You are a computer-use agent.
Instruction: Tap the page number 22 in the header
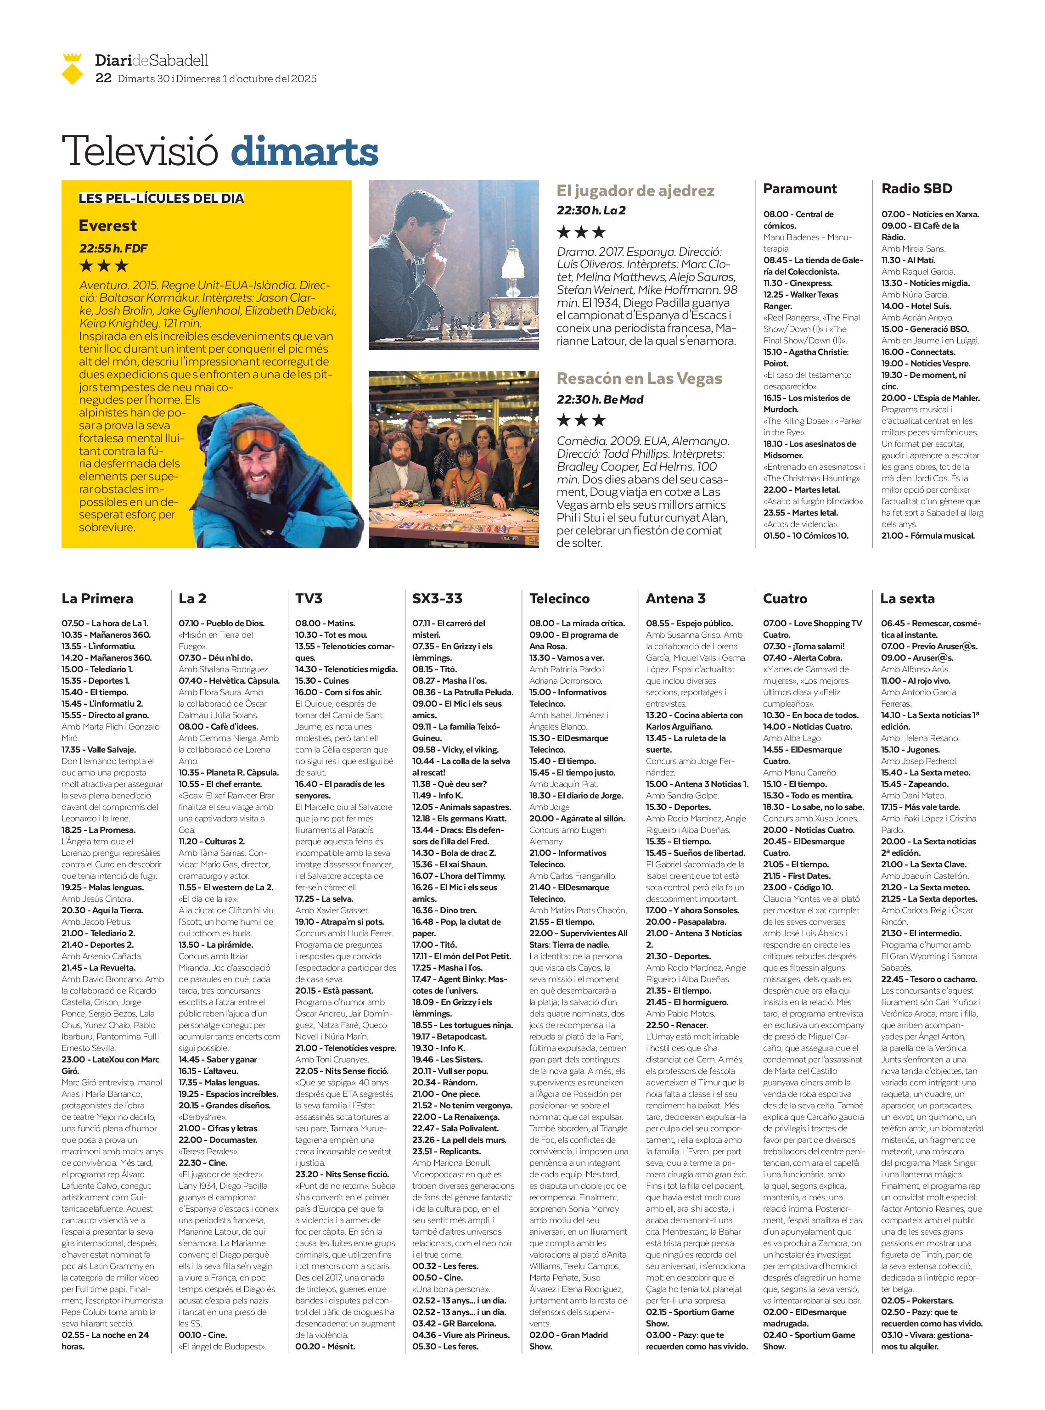(103, 79)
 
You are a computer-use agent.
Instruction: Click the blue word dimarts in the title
(304, 152)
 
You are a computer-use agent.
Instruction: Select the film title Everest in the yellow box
(107, 226)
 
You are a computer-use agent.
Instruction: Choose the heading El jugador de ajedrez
(635, 191)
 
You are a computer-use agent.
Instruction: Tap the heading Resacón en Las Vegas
(639, 378)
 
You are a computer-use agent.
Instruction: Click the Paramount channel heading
(799, 189)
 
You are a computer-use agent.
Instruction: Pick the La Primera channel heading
(97, 598)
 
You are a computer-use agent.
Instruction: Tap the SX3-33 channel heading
(437, 598)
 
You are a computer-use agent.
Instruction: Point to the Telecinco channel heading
(559, 598)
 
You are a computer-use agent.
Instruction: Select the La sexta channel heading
(907, 598)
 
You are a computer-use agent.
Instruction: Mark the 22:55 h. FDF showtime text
(113, 248)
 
